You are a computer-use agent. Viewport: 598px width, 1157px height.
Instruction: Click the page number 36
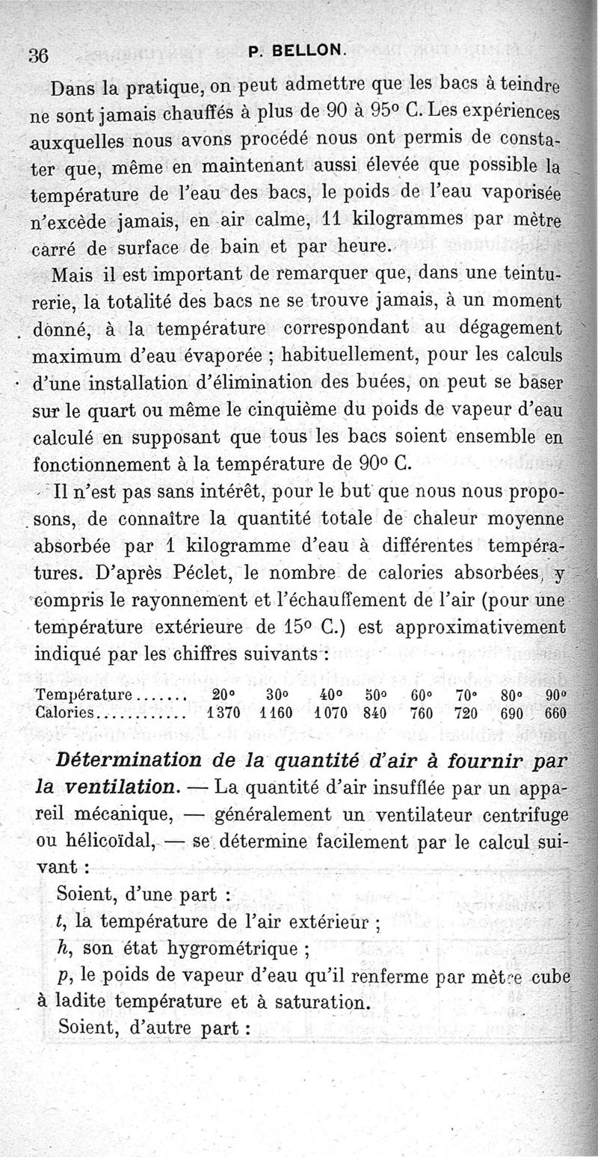(38, 55)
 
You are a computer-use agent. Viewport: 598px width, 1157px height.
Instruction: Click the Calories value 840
(374, 712)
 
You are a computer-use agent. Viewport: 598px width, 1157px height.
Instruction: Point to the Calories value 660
(556, 712)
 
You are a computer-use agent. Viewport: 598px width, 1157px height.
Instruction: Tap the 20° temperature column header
(223, 695)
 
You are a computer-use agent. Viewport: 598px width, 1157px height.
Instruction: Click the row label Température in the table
(84, 696)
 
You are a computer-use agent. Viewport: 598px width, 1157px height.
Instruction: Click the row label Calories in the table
(65, 712)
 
